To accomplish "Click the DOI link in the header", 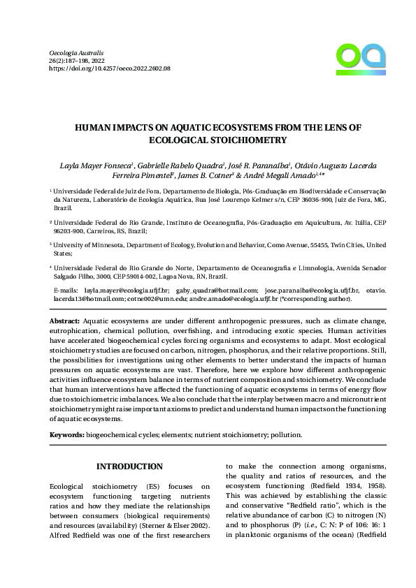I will click(110, 69).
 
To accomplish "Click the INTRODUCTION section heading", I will click(129, 466).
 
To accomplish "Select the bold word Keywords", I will click(67, 434).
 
